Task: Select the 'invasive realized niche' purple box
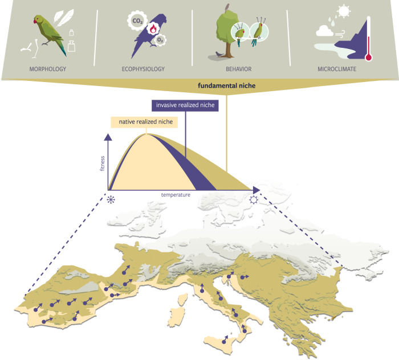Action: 185,106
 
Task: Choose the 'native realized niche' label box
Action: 144,121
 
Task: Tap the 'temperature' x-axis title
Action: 175,195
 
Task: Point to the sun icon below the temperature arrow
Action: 253,201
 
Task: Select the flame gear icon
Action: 152,27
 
